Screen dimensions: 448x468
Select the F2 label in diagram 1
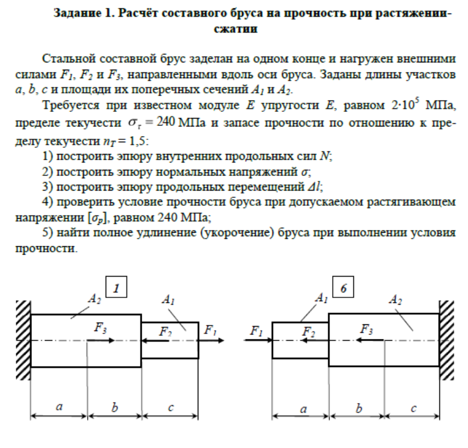[165, 332]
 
